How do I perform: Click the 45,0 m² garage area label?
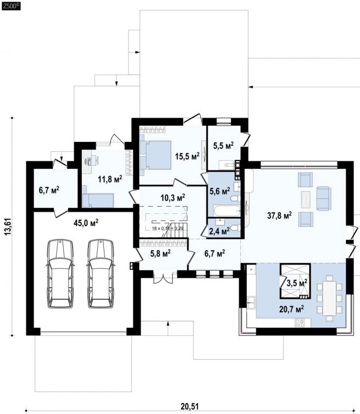[x=86, y=223]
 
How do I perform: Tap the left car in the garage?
[x=60, y=274]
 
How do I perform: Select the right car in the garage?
[x=101, y=274]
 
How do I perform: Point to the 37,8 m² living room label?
[x=280, y=216]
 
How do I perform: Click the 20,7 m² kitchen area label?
[x=291, y=308]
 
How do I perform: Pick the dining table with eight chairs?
[x=329, y=298]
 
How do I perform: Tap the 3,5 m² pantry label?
[x=297, y=283]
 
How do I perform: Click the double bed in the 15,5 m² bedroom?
[x=155, y=155]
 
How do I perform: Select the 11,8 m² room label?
[x=110, y=180]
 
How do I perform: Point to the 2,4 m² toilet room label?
[x=219, y=231]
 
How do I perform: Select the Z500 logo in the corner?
[x=11, y=6]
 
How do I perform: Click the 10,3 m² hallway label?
[x=173, y=197]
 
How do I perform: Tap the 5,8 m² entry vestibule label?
[x=160, y=253]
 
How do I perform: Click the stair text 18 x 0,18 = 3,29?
[x=168, y=228]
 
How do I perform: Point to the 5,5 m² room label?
[x=223, y=146]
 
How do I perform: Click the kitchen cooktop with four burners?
[x=300, y=323]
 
